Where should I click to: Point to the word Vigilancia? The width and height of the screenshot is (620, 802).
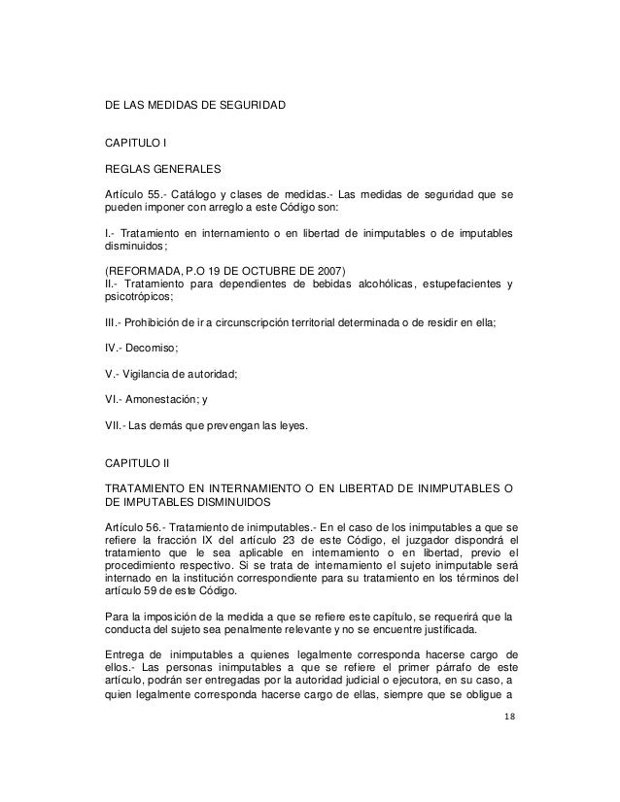155,372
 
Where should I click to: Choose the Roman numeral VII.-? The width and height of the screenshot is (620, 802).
116,423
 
